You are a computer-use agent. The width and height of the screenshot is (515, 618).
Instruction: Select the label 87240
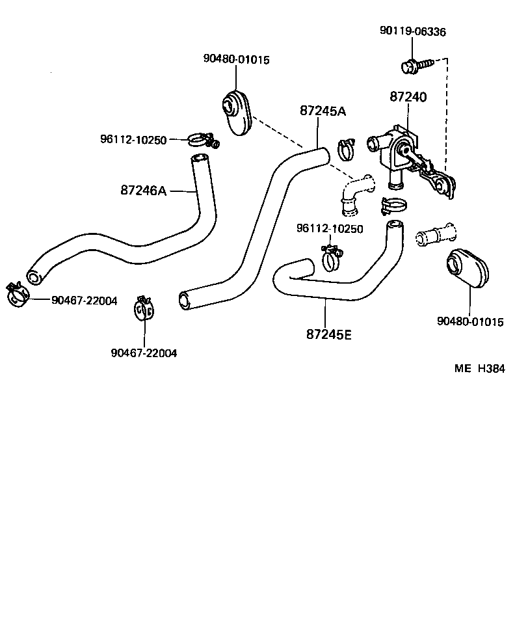click(408, 97)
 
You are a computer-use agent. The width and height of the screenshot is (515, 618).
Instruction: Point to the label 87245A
click(323, 111)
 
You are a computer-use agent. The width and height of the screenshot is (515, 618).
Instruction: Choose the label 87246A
click(144, 191)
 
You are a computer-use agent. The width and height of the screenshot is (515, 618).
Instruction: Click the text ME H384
click(479, 368)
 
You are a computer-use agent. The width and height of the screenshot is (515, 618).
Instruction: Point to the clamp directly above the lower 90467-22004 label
click(144, 308)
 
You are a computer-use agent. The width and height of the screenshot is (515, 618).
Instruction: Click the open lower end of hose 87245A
click(186, 299)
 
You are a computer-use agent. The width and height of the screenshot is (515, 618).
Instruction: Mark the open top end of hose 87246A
click(199, 159)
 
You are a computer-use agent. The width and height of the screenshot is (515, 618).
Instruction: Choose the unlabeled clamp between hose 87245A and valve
click(346, 149)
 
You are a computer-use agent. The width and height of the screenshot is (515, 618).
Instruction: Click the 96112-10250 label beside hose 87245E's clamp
click(329, 228)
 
